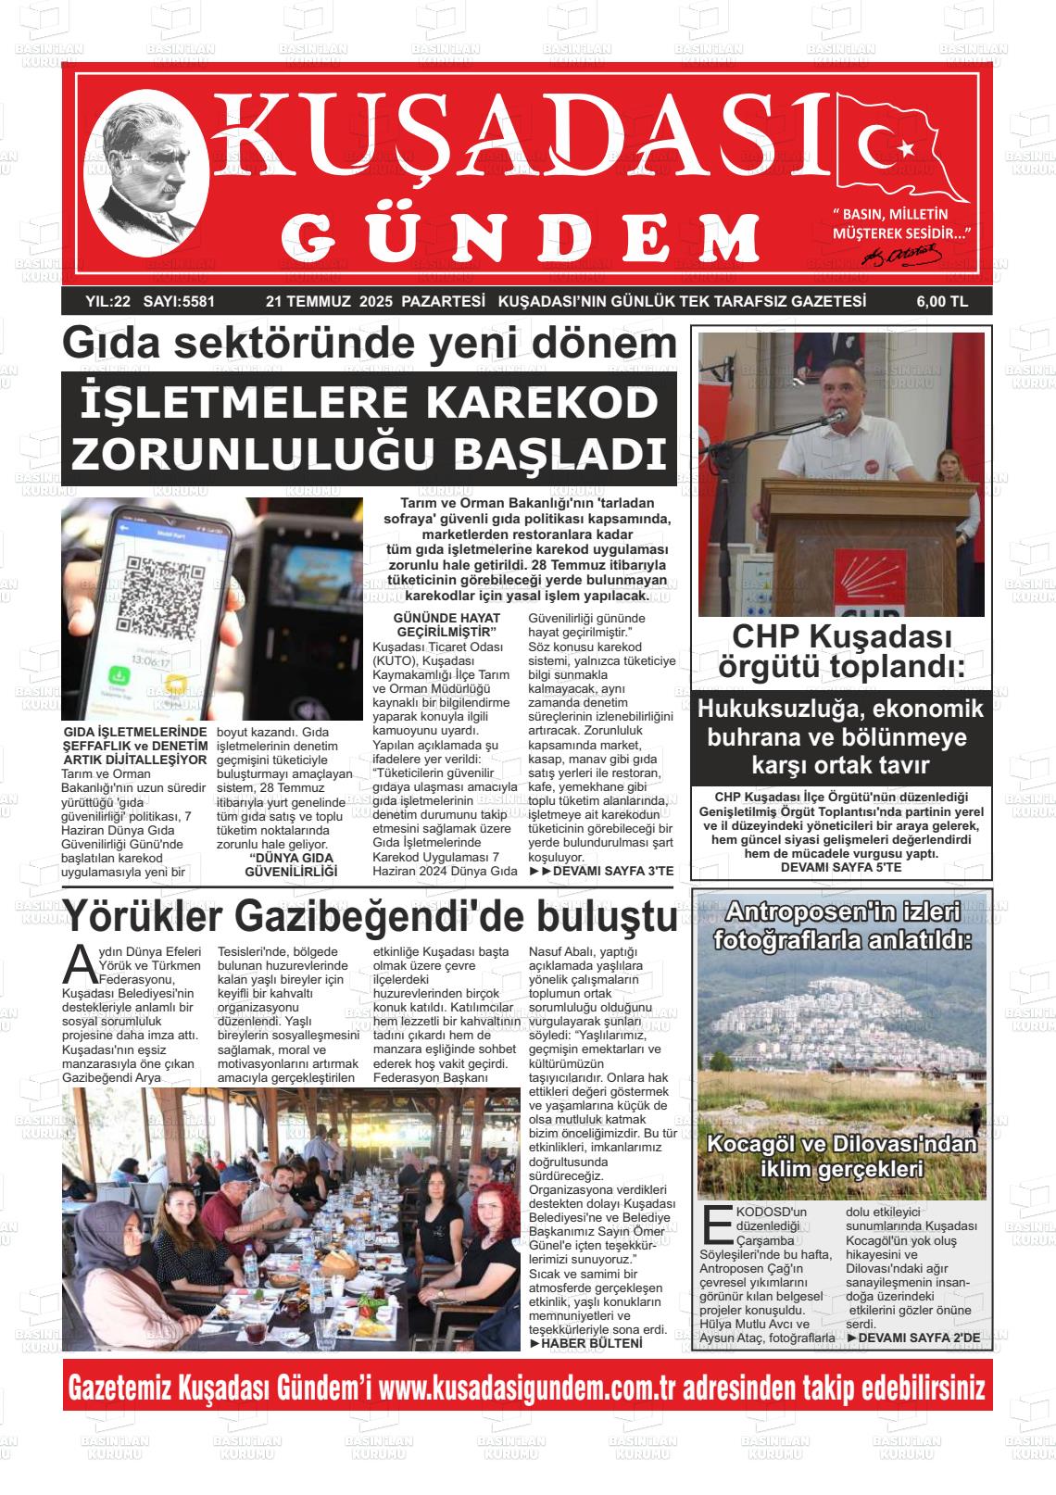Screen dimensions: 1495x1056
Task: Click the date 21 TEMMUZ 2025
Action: point(329,302)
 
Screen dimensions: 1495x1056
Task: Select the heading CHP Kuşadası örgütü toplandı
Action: point(841,651)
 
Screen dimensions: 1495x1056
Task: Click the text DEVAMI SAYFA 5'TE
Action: point(841,868)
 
